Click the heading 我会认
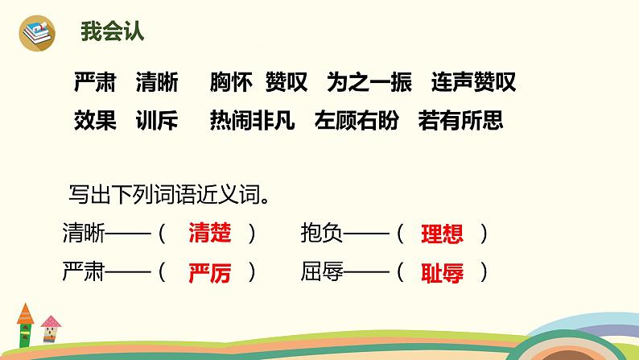coord(113,34)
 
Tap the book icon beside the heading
coord(36,34)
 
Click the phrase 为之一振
coord(369,82)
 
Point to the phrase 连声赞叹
coord(473,82)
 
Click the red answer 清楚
coord(209,234)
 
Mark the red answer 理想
coord(442,234)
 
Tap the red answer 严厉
coord(209,273)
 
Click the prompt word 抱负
coord(322,234)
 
